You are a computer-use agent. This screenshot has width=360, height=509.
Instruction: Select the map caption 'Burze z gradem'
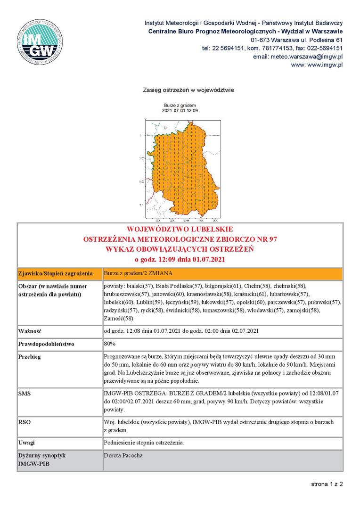[x=180, y=105]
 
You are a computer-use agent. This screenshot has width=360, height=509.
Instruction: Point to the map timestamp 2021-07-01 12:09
[x=180, y=110]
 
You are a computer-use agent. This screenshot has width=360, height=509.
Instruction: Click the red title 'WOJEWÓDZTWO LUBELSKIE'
[x=180, y=230]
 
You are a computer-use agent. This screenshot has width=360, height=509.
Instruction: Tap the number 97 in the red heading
[x=272, y=239]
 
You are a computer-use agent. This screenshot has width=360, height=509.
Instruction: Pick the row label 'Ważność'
[x=28, y=331]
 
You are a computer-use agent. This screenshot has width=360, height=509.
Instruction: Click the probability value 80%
[x=109, y=344]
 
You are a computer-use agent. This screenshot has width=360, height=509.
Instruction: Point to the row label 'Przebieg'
[x=30, y=357]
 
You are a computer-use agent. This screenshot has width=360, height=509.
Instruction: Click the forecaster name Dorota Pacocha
[x=123, y=456]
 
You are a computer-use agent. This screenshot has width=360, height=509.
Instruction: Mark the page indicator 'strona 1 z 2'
[x=327, y=484]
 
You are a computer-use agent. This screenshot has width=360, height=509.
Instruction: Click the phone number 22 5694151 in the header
[x=224, y=48]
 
